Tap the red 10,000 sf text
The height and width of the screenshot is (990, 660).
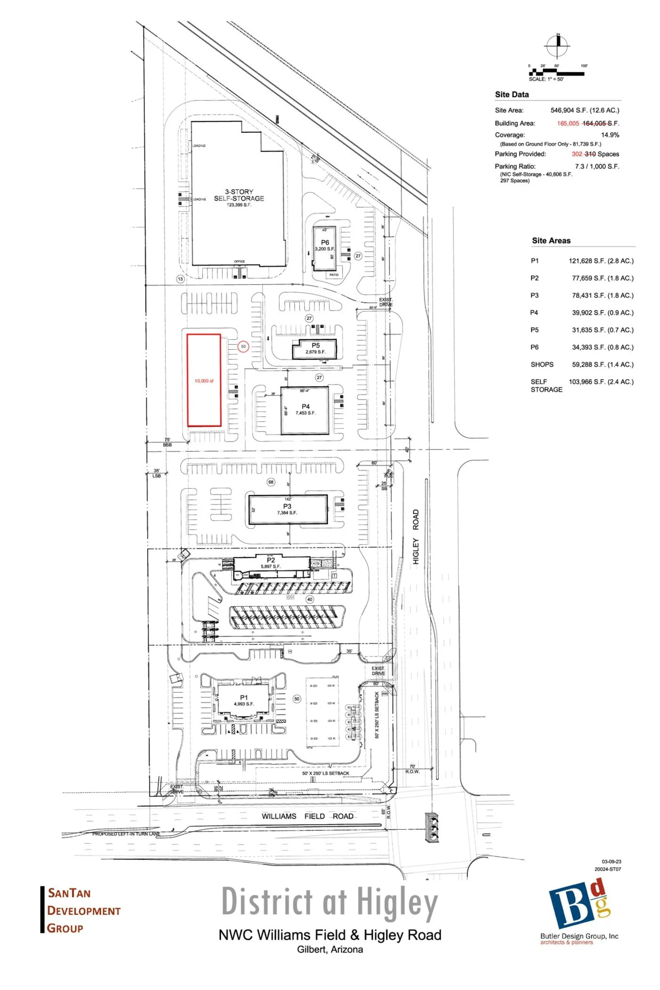204,381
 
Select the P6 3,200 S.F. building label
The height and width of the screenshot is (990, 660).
325,245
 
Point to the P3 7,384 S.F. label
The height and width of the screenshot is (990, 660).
287,509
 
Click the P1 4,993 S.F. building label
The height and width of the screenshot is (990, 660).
244,700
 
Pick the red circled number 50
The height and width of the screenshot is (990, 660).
243,346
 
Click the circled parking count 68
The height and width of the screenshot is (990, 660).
271,482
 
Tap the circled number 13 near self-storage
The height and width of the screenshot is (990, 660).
180,279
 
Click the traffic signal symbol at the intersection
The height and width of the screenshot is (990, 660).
432,827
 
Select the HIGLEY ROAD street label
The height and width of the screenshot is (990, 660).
416,536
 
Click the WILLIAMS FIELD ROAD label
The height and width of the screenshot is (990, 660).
307,816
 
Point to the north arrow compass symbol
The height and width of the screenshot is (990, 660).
558,46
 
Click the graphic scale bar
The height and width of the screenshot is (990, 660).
556,73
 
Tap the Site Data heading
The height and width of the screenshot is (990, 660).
511,94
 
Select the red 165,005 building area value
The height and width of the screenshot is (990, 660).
568,123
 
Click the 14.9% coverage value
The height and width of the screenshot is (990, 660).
610,135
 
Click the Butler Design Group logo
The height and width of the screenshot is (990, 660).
579,911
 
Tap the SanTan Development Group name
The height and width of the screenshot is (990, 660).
83,910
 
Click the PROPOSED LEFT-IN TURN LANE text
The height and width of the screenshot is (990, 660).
126,834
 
